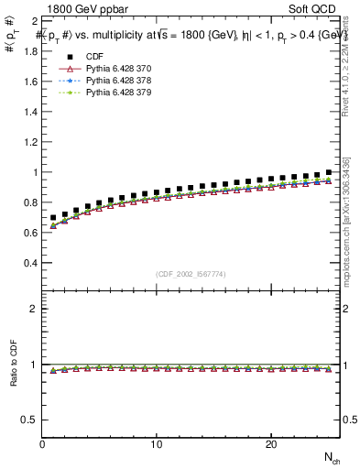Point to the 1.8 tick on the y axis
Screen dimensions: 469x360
point(30,51)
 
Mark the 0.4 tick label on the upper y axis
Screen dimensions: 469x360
point(30,263)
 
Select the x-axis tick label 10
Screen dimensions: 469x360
point(157,444)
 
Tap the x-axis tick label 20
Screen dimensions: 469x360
point(270,444)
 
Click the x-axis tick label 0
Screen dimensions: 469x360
point(43,444)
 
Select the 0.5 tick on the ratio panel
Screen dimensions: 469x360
point(30,420)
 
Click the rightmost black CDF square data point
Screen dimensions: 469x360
point(328,172)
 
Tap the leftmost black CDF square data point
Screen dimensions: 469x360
point(54,218)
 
